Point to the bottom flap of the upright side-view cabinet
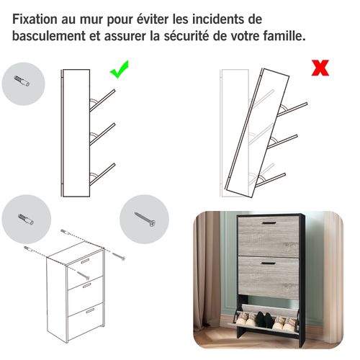pyautogui.click(x=102, y=173)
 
